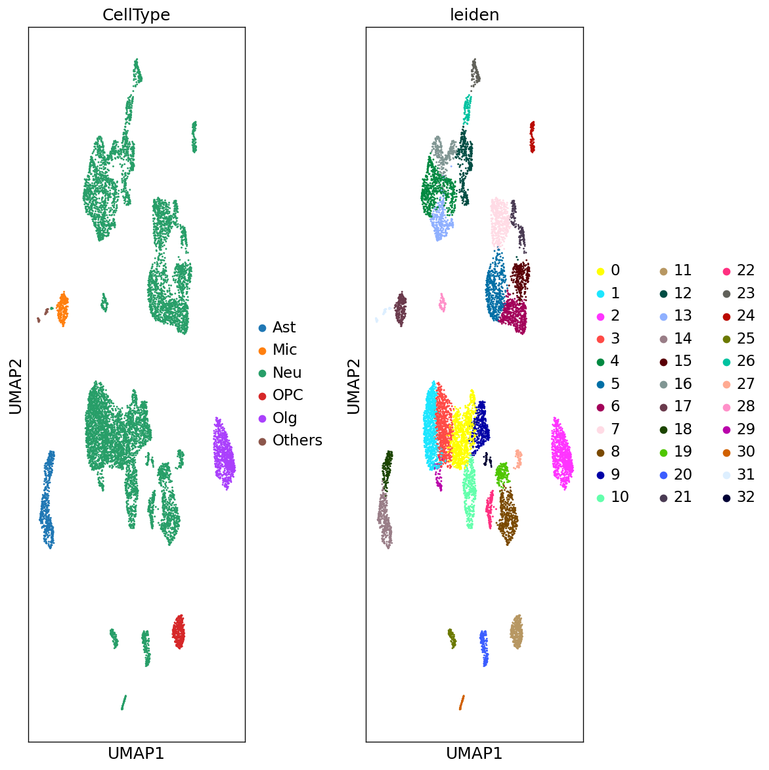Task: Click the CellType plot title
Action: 136,15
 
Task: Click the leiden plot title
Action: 474,15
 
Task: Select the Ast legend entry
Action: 284,327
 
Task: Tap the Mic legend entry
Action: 284,350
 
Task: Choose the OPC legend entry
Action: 288,395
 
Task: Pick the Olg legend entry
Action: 284,418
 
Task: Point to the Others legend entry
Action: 297,440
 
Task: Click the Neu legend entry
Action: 287,373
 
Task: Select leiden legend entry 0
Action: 615,270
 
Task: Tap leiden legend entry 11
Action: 682,270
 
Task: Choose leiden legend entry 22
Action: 745,270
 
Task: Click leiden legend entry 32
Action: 745,497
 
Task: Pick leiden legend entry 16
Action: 682,383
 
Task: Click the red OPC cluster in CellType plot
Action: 179,632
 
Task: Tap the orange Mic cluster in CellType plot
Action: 62,309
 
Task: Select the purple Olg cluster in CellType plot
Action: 223,453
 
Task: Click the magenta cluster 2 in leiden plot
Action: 561,453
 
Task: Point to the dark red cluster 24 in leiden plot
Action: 532,137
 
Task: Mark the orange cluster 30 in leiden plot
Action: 462,702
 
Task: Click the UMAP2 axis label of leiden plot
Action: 354,386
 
